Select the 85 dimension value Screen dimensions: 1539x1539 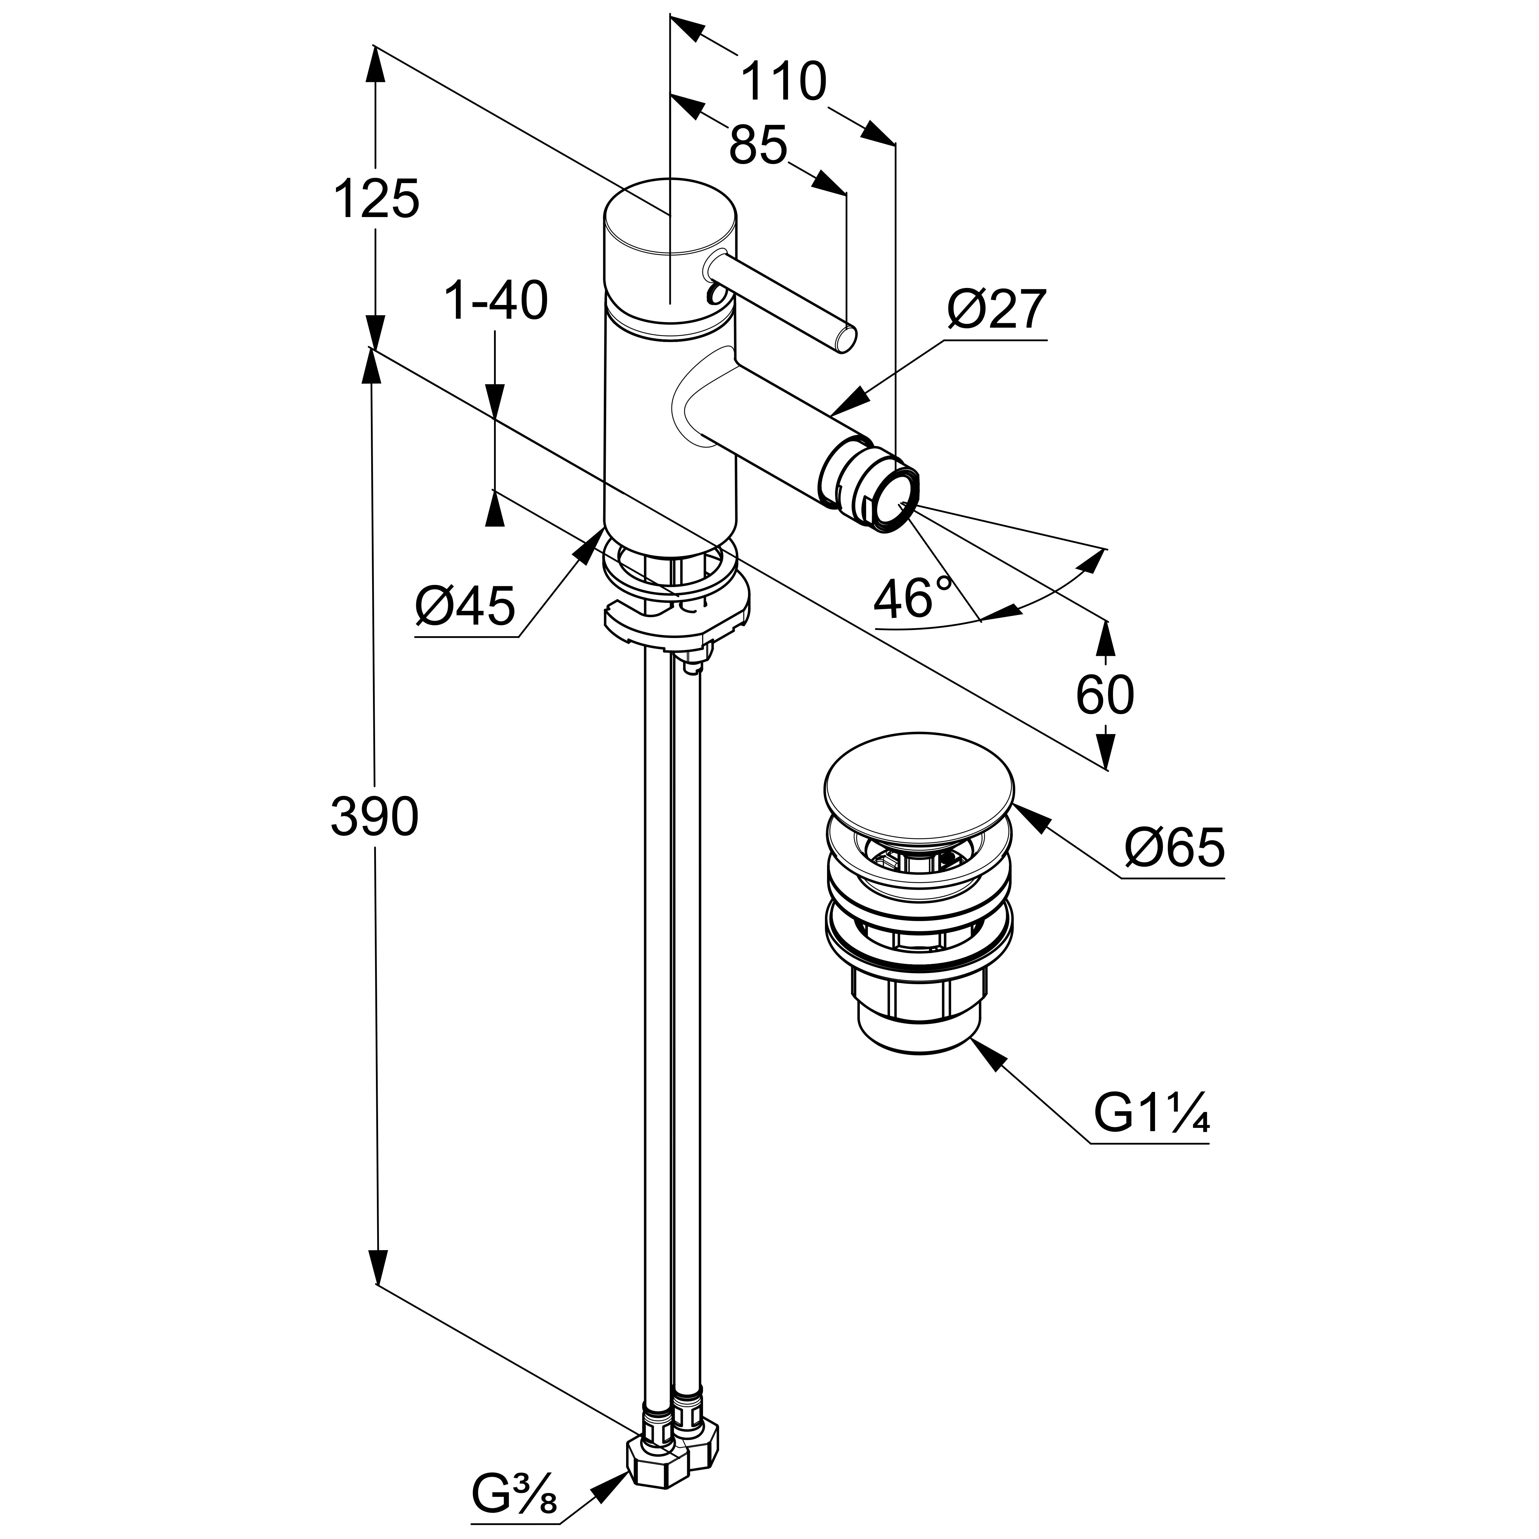(x=758, y=146)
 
